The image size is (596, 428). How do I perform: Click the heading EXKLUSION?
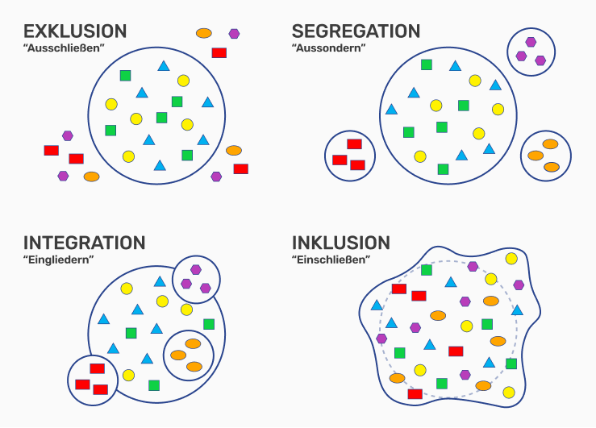click(75, 32)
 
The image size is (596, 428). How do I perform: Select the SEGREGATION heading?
click(356, 32)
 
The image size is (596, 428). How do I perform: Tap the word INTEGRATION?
click(85, 243)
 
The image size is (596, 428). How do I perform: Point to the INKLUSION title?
click(341, 243)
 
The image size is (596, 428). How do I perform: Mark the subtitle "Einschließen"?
click(331, 259)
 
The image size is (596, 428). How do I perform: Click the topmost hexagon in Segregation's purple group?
click(531, 42)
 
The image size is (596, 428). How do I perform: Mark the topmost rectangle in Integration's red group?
click(97, 368)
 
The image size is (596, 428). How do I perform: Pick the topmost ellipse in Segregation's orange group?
click(550, 144)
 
